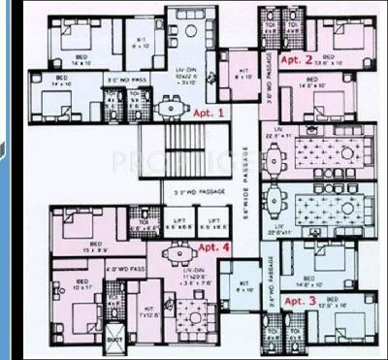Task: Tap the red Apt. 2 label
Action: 297,60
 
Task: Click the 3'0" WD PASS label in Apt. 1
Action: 125,80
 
